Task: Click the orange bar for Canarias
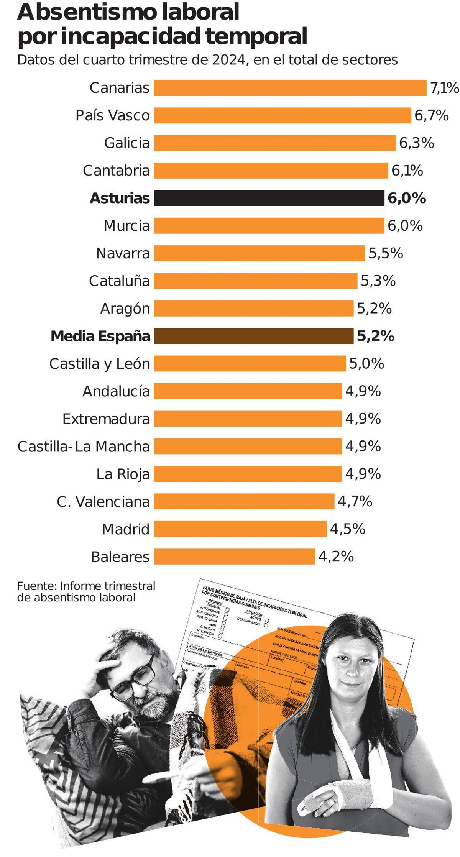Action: (x=290, y=88)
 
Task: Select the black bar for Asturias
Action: (x=269, y=198)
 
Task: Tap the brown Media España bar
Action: (x=254, y=336)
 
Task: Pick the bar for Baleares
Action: (x=235, y=557)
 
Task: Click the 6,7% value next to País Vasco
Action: (x=431, y=115)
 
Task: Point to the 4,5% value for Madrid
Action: (x=347, y=529)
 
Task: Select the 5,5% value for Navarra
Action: (x=386, y=253)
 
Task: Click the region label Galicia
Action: (x=127, y=143)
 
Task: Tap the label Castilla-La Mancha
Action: (x=84, y=447)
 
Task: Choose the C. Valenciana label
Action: (x=103, y=501)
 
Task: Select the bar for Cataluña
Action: (x=256, y=281)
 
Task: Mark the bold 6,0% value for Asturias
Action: (x=407, y=198)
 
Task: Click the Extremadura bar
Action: (x=248, y=419)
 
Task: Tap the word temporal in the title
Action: (x=256, y=37)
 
